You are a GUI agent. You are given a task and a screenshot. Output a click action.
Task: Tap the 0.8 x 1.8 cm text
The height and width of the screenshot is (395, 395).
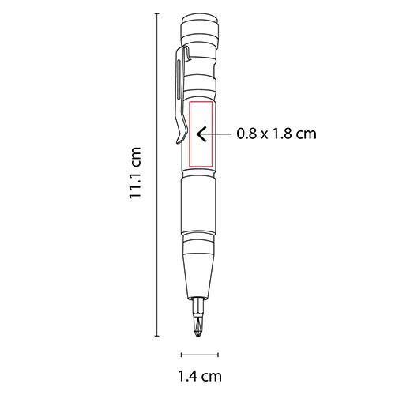point(276,134)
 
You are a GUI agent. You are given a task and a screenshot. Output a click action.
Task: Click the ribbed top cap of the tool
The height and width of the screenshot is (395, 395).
point(198,35)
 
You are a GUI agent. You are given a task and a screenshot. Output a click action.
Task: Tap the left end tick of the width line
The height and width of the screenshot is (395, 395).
point(182,354)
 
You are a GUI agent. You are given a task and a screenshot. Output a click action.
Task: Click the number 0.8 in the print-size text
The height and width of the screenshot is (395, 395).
point(247,134)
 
